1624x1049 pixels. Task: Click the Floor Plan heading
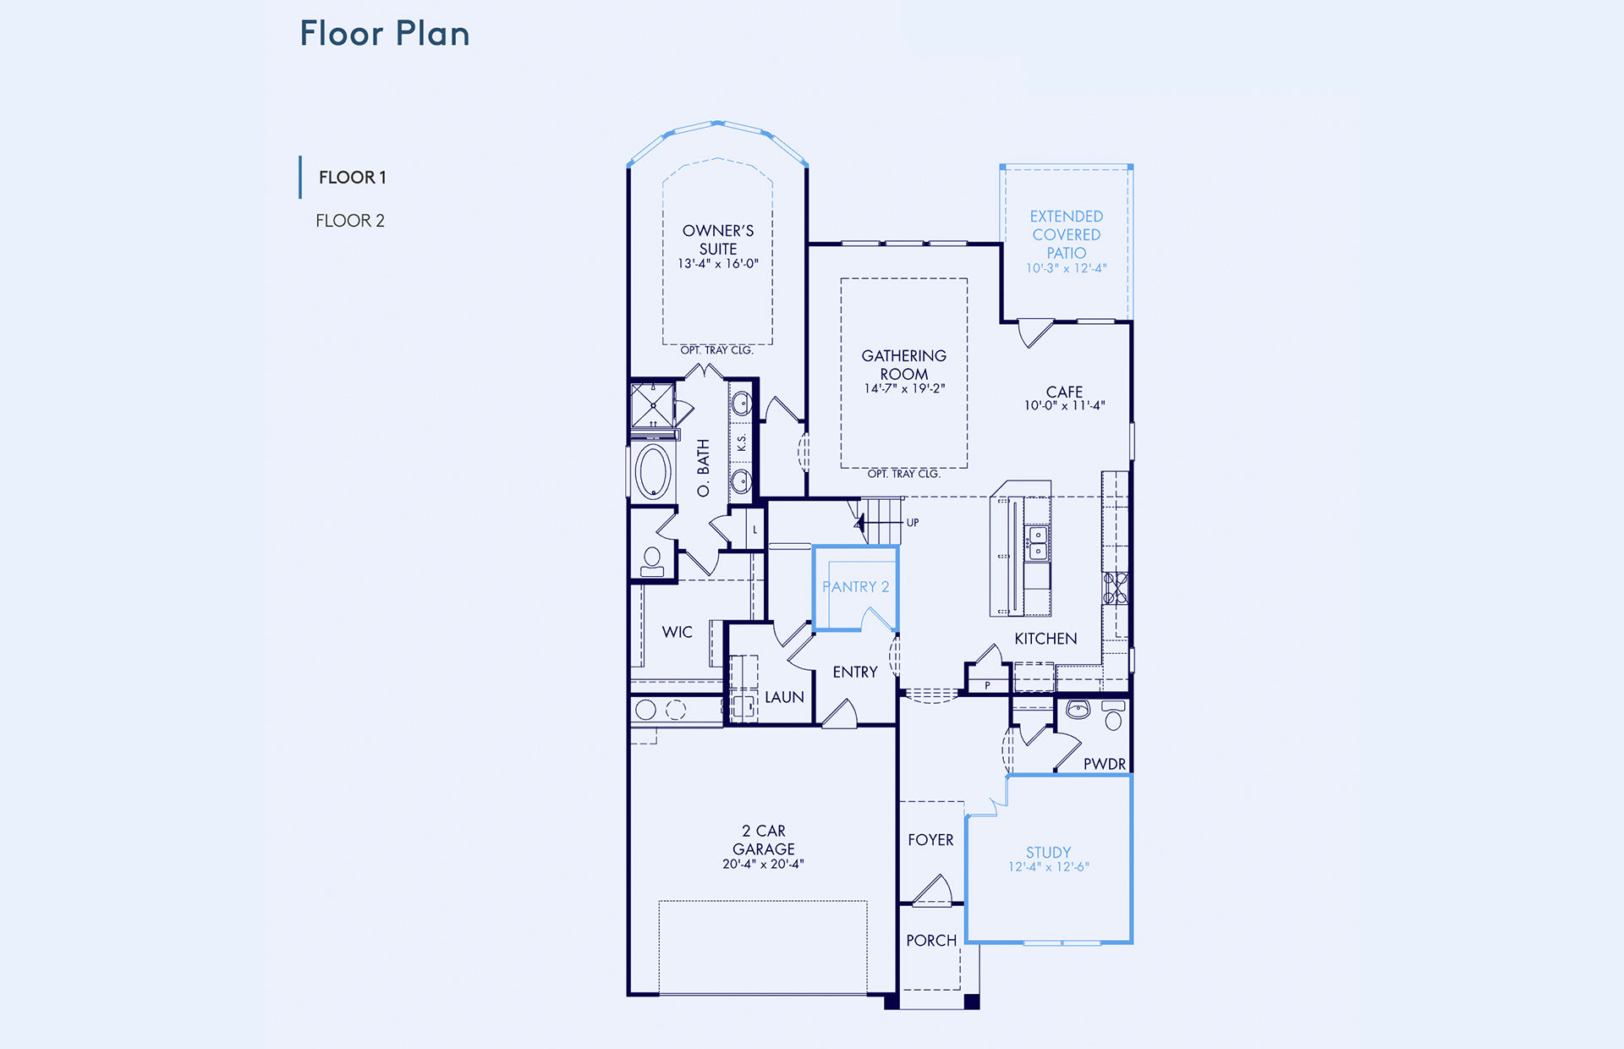coord(385,34)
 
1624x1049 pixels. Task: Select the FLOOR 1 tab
coord(352,178)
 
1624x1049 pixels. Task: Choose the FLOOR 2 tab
coord(350,221)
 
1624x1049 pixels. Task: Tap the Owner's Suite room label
coord(718,239)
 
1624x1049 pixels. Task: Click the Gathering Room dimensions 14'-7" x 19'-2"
coord(904,388)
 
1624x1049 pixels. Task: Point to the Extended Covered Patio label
coord(1067,234)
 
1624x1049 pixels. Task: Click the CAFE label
coord(1064,392)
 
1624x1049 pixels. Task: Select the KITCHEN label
coord(1045,639)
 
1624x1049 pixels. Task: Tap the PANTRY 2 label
coord(856,587)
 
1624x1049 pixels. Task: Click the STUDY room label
coord(1049,852)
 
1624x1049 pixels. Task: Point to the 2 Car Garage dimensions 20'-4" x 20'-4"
coord(763,864)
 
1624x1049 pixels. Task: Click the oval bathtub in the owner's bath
coord(653,471)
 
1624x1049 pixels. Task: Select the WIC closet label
coord(677,632)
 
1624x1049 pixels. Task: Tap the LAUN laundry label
coord(784,697)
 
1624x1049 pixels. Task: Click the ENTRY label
coord(855,672)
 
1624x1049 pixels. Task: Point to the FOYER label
coord(930,840)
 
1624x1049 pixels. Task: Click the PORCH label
coord(931,941)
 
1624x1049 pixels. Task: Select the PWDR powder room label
coord(1105,764)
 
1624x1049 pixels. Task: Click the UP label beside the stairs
coord(913,523)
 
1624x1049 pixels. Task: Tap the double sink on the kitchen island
coord(1037,543)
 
